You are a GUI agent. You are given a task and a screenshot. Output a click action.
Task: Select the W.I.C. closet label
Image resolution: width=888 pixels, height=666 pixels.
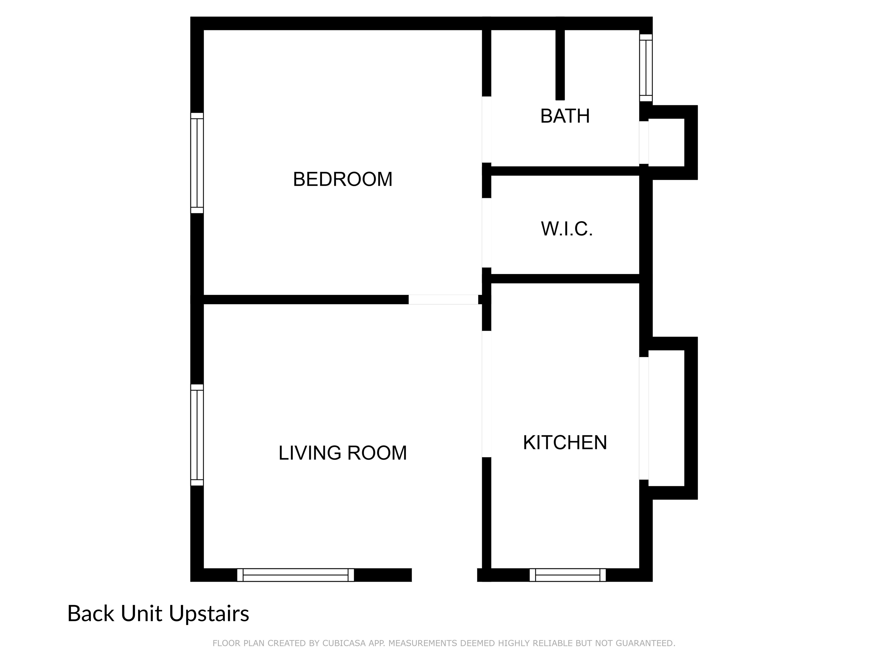click(567, 229)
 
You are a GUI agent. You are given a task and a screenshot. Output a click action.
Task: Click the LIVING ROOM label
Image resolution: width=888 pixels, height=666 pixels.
click(343, 453)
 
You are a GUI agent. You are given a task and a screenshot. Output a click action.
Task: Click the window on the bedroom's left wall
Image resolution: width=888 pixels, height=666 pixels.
click(197, 163)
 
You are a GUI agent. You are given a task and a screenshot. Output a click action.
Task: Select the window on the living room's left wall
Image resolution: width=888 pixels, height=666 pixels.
click(197, 435)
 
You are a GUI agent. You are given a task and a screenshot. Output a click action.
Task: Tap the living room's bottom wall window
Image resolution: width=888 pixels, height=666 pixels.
click(295, 575)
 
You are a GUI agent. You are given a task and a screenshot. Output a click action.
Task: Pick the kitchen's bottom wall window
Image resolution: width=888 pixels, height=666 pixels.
click(568, 575)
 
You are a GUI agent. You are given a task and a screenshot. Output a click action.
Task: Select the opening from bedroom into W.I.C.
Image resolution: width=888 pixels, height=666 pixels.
click(486, 233)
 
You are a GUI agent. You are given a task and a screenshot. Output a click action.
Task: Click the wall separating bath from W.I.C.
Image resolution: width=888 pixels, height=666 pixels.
click(565, 171)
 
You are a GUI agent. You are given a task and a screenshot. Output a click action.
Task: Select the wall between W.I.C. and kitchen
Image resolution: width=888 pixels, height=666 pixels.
click(565, 279)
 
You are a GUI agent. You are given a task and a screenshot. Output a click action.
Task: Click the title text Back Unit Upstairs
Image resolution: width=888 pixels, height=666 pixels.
click(158, 614)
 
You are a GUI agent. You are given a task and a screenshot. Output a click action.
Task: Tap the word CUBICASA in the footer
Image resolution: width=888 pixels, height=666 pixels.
click(344, 643)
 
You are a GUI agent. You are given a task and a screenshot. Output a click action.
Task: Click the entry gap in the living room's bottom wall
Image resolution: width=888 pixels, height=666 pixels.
click(444, 575)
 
